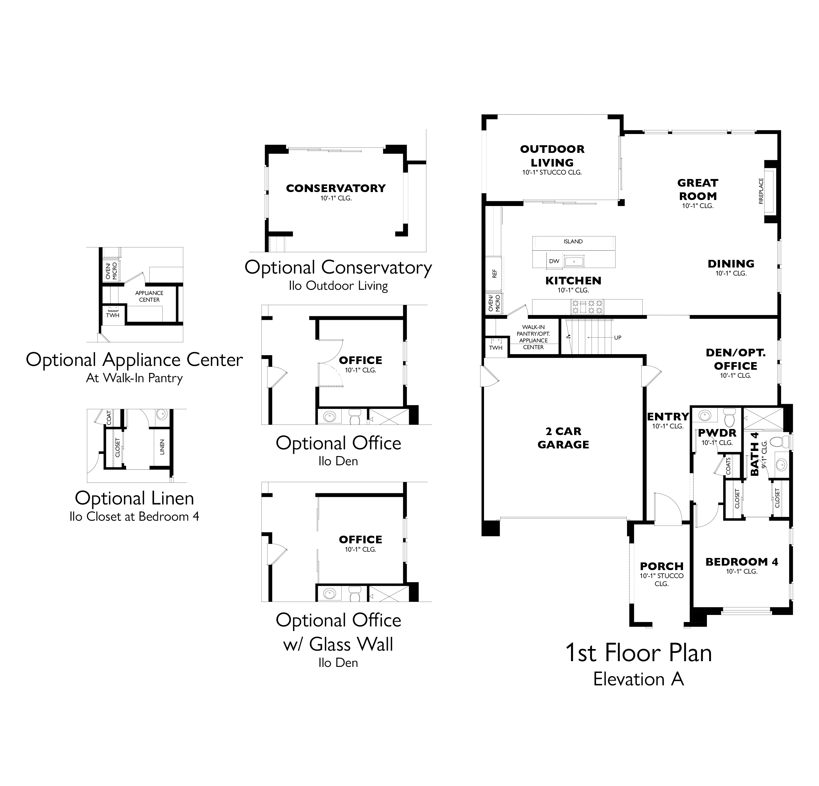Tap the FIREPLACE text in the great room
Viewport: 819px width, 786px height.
[x=761, y=191]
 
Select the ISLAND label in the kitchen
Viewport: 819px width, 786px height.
[x=573, y=241]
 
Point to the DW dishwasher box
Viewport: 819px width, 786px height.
[x=554, y=261]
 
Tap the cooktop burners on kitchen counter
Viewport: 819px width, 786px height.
[x=588, y=306]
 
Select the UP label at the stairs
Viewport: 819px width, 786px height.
[x=617, y=338]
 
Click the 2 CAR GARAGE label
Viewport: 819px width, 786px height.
[x=563, y=438]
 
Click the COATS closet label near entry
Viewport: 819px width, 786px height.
[x=728, y=466]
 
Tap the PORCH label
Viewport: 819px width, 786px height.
[x=661, y=566]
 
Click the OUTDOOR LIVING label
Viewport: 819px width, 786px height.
[x=552, y=155]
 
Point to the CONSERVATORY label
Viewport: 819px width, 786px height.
[x=336, y=189]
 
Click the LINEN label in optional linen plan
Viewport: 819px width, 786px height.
[x=162, y=447]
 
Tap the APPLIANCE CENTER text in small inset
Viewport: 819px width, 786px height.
[x=149, y=296]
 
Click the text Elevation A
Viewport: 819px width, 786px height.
[x=638, y=679]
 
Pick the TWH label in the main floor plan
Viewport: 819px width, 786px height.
[x=495, y=348]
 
